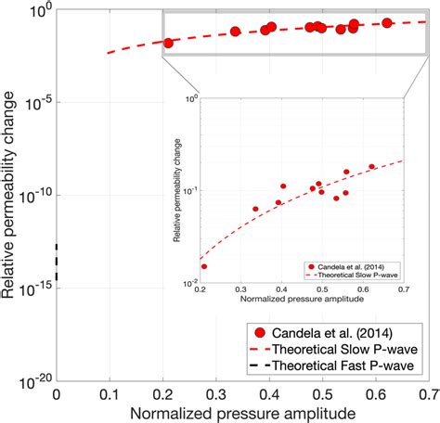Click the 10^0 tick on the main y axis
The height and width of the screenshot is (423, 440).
point(36,10)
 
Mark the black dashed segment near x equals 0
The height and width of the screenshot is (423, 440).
point(58,262)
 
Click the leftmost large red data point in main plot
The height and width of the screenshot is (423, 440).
point(168,43)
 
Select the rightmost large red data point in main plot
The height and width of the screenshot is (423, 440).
point(387,22)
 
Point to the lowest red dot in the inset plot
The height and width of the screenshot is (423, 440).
point(204,266)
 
